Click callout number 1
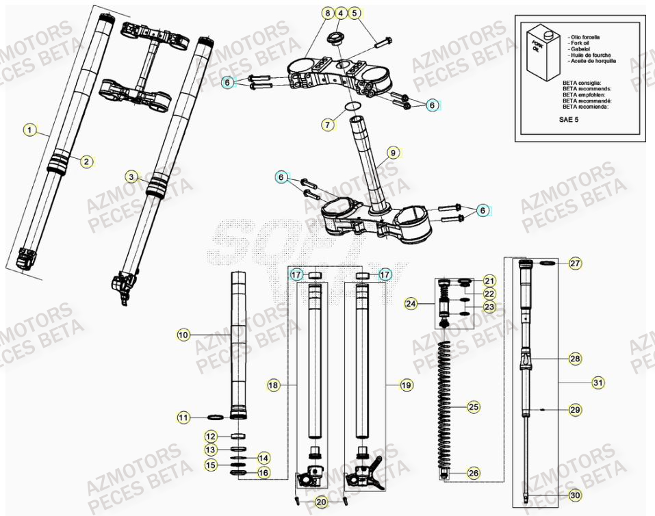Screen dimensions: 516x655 tap(29, 129)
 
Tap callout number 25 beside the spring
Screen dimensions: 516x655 tap(474, 409)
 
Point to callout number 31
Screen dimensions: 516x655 tap(598, 383)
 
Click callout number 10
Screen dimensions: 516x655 tap(183, 335)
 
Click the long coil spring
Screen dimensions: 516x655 tap(448, 404)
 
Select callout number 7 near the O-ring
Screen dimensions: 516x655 tap(328, 125)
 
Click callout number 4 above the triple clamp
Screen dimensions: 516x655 tap(341, 13)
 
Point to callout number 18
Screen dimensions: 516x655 tap(274, 386)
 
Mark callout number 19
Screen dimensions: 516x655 tap(406, 386)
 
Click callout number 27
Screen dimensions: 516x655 tap(575, 263)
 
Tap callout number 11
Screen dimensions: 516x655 tap(183, 417)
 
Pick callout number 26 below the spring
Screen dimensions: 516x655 tap(474, 472)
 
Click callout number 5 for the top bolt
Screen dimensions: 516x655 tap(354, 13)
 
